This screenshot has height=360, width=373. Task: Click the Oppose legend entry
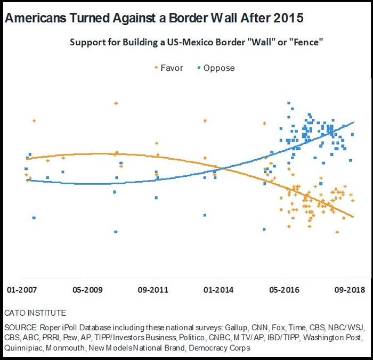click(x=218, y=68)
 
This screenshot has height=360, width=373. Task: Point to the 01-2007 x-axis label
click(x=22, y=290)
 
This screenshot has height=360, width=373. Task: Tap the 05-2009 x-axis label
click(x=87, y=290)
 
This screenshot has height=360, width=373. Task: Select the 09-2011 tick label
click(x=153, y=290)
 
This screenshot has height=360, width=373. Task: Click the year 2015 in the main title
click(x=288, y=18)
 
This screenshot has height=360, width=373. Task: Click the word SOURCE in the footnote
click(x=19, y=325)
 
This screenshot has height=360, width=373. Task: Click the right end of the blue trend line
click(x=353, y=122)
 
